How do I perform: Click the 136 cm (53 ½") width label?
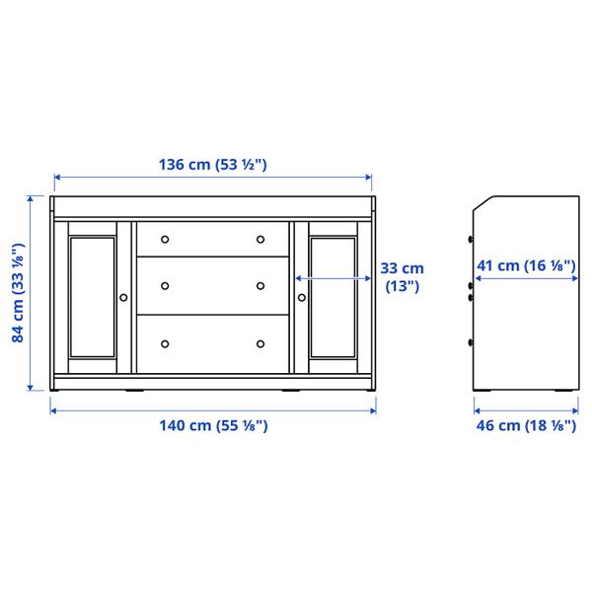(x=213, y=165)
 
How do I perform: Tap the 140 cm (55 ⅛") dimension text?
(x=213, y=425)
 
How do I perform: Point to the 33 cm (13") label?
(x=402, y=276)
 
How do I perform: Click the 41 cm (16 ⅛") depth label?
(x=525, y=265)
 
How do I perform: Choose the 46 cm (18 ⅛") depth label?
(x=525, y=425)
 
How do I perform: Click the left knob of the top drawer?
(x=166, y=239)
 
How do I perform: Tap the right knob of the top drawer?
(x=260, y=239)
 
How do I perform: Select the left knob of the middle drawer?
(x=166, y=286)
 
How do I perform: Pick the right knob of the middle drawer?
(x=260, y=286)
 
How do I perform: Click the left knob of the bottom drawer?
(x=166, y=343)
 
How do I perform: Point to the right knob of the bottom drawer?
(x=260, y=343)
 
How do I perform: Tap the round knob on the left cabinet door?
(x=123, y=296)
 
